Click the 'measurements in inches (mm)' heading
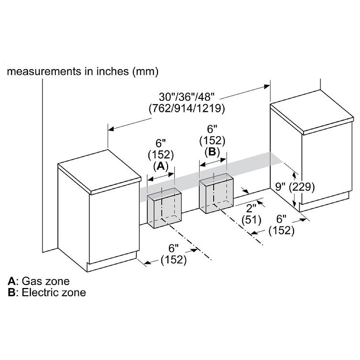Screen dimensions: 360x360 [83, 71]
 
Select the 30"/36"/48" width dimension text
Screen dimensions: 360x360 [186, 97]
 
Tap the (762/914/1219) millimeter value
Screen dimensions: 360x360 [186, 108]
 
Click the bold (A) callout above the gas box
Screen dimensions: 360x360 [161, 166]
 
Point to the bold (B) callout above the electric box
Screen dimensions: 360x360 [212, 152]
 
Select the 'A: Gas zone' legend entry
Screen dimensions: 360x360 [39, 281]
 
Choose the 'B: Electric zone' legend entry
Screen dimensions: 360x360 [47, 292]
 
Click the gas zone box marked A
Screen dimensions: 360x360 [164, 209]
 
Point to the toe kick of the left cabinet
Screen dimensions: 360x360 [112, 265]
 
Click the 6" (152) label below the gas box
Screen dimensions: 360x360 [174, 254]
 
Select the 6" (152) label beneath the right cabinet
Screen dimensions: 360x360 [281, 225]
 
